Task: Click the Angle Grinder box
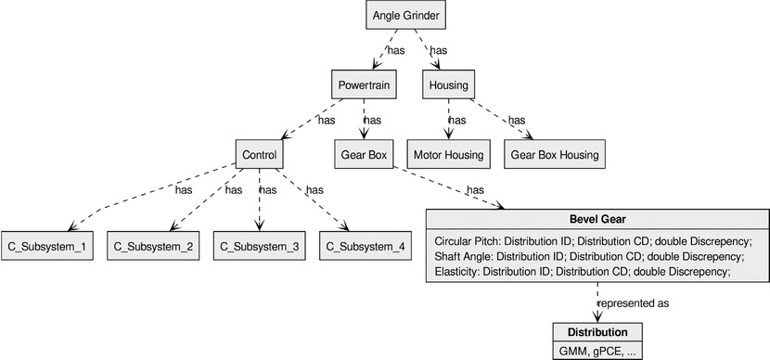404,16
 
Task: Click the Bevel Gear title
597,219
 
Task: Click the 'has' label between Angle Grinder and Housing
439,50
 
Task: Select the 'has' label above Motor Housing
457,120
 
